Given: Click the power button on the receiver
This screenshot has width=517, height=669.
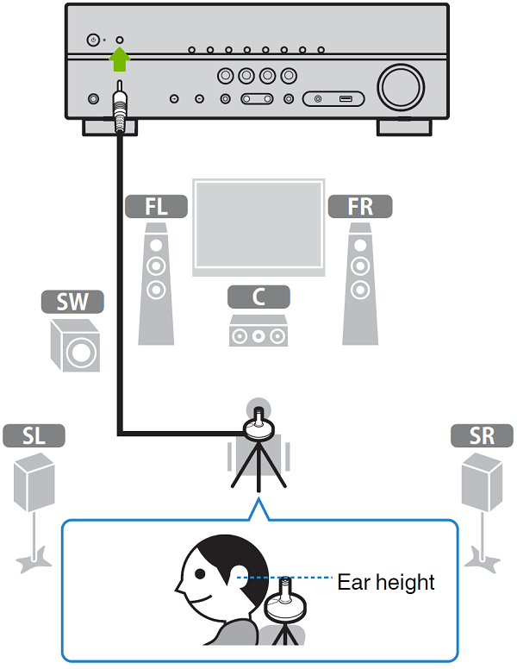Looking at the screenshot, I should [x=93, y=41].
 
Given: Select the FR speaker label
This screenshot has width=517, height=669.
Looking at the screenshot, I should [x=359, y=206].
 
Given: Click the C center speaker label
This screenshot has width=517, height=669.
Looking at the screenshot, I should [x=258, y=297].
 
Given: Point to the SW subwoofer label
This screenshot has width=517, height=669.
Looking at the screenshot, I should [x=72, y=302].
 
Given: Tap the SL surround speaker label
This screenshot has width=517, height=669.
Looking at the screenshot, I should [x=34, y=436].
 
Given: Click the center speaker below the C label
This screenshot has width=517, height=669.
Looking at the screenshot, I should [x=258, y=332].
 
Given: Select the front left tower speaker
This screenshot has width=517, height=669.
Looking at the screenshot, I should [x=156, y=284].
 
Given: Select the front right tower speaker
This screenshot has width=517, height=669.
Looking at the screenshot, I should [x=359, y=284].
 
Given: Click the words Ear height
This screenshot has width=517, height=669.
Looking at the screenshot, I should [x=385, y=582].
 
